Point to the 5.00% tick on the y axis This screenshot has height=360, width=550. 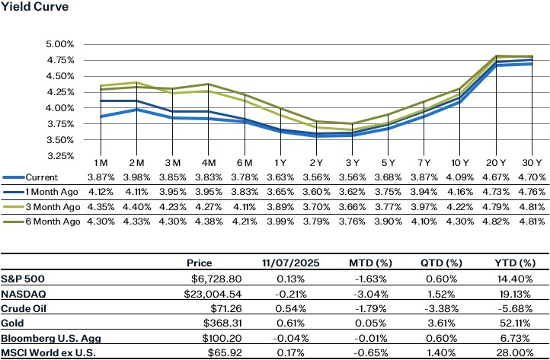click(x=61, y=45)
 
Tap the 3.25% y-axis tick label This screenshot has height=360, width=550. click(x=61, y=156)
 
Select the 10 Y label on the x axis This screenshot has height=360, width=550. click(x=460, y=164)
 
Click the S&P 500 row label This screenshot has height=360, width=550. click(x=24, y=278)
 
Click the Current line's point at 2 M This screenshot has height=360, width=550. click(x=136, y=110)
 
